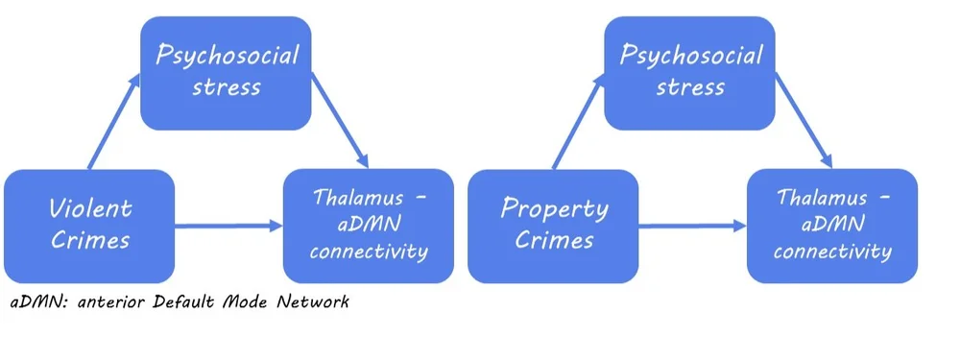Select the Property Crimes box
click(553, 225)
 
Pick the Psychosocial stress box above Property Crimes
click(689, 72)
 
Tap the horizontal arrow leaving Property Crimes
click(692, 227)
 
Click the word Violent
click(90, 208)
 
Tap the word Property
click(554, 208)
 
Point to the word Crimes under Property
click(554, 240)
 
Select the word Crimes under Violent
click(90, 240)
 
